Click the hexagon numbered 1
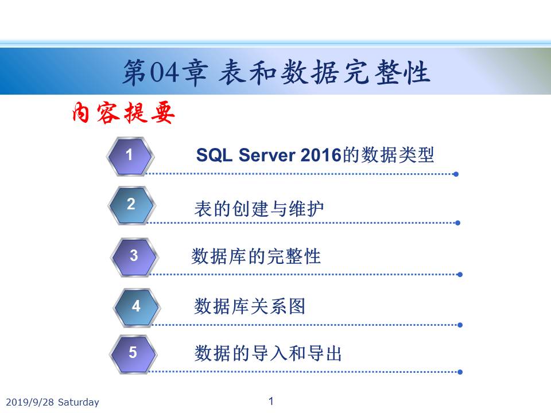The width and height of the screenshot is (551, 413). pyautogui.click(x=130, y=156)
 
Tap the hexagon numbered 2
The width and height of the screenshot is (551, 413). pyautogui.click(x=132, y=205)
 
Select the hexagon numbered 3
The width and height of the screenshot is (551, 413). pyautogui.click(x=134, y=257)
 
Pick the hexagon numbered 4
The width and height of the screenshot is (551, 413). pyautogui.click(x=137, y=307)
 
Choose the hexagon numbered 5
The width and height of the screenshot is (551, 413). pyautogui.click(x=133, y=354)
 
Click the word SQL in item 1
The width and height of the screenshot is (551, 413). pyautogui.click(x=214, y=155)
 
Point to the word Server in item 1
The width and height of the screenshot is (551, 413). pyautogui.click(x=267, y=155)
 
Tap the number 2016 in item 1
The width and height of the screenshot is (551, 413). pyautogui.click(x=321, y=155)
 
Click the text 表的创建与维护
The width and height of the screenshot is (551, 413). pyautogui.click(x=259, y=209)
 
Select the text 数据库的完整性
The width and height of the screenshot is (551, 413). pyautogui.click(x=256, y=256)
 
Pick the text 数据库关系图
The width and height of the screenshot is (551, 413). pyautogui.click(x=250, y=306)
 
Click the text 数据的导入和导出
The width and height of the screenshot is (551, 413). pyautogui.click(x=268, y=353)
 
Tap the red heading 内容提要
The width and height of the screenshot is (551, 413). pyautogui.click(x=123, y=112)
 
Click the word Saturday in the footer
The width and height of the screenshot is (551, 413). pyautogui.click(x=79, y=402)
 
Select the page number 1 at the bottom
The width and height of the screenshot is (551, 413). pyautogui.click(x=271, y=401)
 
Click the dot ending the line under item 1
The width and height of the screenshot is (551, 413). pyautogui.click(x=456, y=174)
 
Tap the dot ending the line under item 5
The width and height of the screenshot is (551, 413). pyautogui.click(x=460, y=372)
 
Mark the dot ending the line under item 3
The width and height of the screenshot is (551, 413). pyautogui.click(x=460, y=275)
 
